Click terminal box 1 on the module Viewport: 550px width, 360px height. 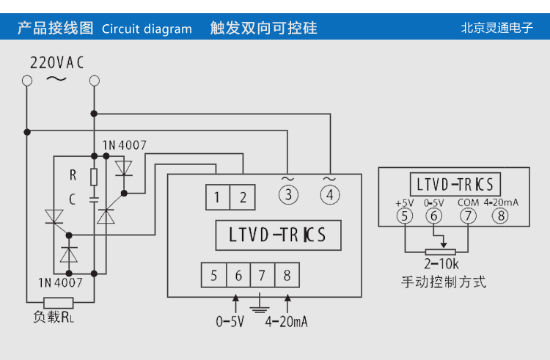(x=217, y=196)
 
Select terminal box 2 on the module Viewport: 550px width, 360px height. (x=243, y=196)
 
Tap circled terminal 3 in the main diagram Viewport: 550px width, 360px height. (x=288, y=195)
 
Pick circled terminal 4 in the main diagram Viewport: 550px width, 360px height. (x=330, y=195)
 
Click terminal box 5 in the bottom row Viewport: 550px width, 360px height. (x=214, y=276)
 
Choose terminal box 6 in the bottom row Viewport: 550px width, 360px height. (x=238, y=276)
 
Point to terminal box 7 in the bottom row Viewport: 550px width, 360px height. (x=262, y=276)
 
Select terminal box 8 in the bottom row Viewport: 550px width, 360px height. (x=287, y=276)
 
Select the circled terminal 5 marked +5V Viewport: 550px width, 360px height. (x=404, y=216)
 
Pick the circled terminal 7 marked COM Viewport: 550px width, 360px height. (x=468, y=216)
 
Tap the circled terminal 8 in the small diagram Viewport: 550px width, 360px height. (x=500, y=216)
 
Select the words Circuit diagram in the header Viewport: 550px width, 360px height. (x=147, y=29)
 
